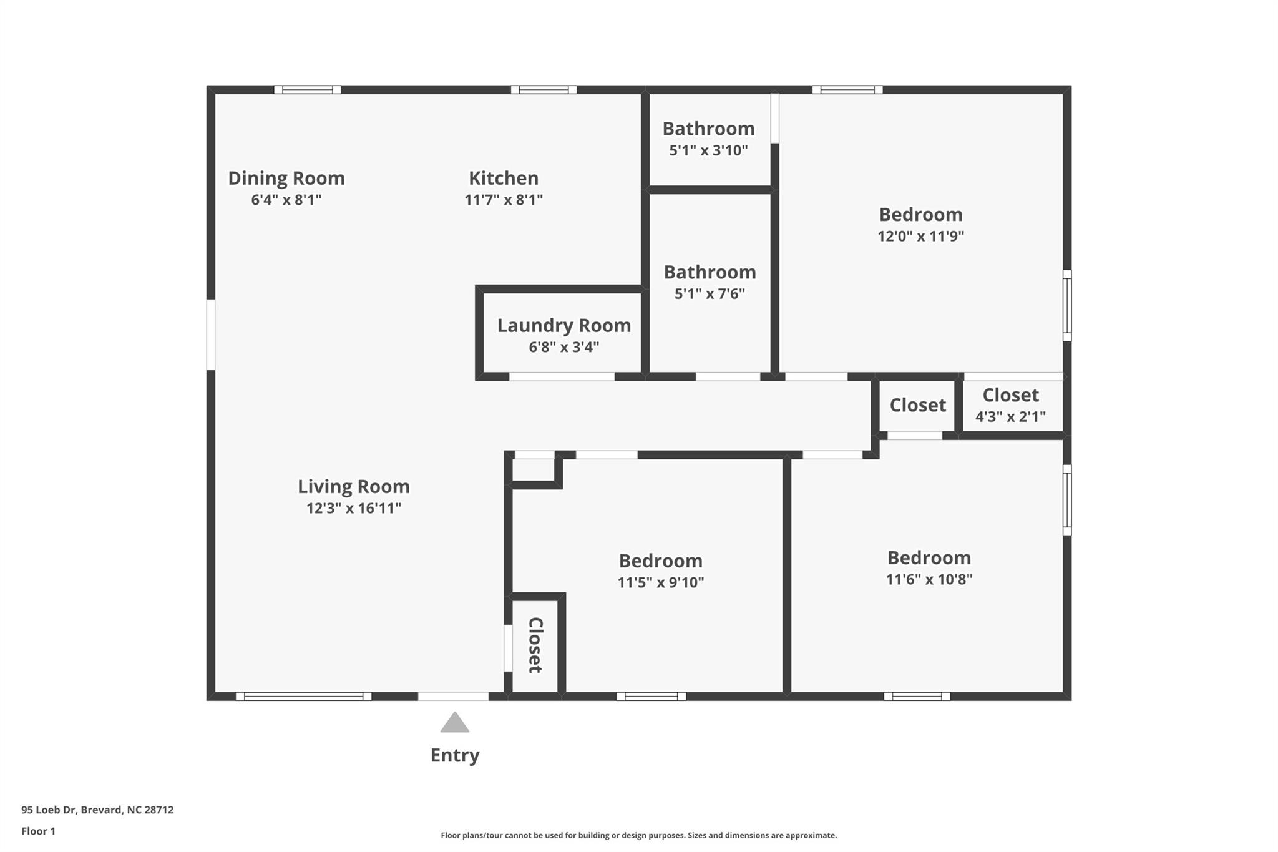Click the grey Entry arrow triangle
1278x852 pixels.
tap(454, 723)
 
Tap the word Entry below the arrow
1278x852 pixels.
tap(455, 755)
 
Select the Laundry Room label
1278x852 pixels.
tap(563, 325)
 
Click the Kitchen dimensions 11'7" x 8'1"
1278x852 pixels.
tap(504, 200)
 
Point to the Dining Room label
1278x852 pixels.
tap(286, 178)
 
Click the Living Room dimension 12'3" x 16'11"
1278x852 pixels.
tap(353, 508)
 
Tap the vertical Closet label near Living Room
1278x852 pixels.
tap(535, 645)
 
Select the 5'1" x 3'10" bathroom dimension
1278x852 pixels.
tap(708, 150)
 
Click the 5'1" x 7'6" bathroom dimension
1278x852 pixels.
tap(710, 293)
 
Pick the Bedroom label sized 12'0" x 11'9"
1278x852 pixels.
tap(920, 215)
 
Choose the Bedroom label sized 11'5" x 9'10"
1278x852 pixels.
tap(660, 561)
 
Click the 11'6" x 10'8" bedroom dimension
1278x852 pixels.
tap(929, 579)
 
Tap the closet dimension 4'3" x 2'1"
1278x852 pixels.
tap(1010, 416)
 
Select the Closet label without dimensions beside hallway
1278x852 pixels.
tap(917, 405)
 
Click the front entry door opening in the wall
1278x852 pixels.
tap(453, 696)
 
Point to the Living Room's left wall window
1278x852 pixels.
tap(211, 335)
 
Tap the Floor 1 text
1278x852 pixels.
tap(38, 831)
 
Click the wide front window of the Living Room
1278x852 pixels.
tap(303, 696)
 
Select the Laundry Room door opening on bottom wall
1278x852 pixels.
tap(562, 376)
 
